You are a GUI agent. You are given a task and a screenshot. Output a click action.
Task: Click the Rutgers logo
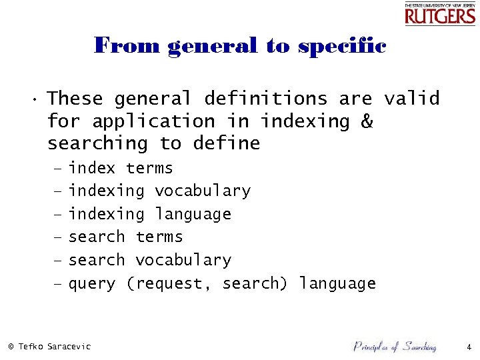pos(440,13)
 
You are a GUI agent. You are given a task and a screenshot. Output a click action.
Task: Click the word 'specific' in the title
pos(342,46)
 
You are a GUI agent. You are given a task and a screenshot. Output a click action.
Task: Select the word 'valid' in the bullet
pos(411,99)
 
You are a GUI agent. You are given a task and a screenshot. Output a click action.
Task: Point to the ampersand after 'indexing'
pos(367,121)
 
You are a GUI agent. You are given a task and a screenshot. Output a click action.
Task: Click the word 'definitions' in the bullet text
pos(265,99)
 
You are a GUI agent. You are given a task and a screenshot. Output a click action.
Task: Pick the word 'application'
pos(153,121)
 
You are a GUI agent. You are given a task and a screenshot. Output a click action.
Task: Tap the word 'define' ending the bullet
pos(226,143)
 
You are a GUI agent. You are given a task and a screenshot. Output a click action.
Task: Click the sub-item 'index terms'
pos(121,168)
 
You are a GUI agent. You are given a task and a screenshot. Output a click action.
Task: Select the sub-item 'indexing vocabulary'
pos(159,191)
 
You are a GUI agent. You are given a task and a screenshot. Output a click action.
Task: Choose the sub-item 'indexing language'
pos(150,214)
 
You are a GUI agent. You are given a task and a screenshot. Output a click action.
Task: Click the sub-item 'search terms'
pos(125,237)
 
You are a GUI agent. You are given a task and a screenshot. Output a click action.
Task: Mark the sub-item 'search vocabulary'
pos(150,260)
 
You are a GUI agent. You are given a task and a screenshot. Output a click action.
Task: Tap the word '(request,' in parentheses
pos(169,284)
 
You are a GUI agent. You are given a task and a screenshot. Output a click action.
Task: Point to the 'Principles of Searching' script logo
pos(394,346)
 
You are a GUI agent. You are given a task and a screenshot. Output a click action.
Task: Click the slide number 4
pos(469,347)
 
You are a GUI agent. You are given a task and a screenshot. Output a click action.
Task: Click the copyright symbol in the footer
pos(11,347)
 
